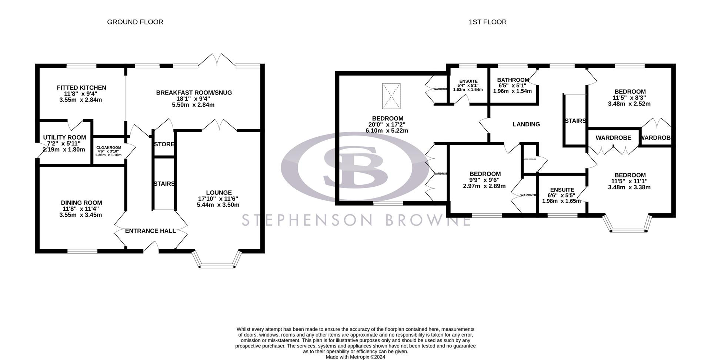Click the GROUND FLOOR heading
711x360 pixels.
135,22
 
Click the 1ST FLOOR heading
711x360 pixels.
487,22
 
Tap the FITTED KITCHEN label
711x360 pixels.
81,88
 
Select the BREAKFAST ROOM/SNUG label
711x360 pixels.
194,93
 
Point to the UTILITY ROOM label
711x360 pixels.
64,137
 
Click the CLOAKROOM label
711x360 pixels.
109,147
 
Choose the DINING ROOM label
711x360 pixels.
81,203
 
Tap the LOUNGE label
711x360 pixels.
218,193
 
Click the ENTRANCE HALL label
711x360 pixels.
150,231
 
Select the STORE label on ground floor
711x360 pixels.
164,144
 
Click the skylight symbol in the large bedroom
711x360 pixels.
391,96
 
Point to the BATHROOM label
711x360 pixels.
513,80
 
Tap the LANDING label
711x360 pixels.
526,124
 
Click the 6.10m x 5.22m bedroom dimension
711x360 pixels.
387,131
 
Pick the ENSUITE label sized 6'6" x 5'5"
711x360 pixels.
562,190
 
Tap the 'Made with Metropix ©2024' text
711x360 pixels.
355,357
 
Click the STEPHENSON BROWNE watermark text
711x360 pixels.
355,220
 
